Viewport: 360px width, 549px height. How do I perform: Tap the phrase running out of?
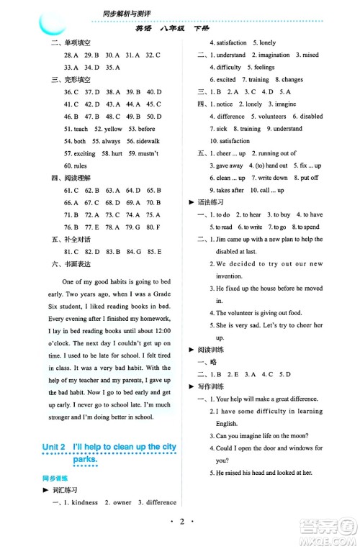tap(277, 153)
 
